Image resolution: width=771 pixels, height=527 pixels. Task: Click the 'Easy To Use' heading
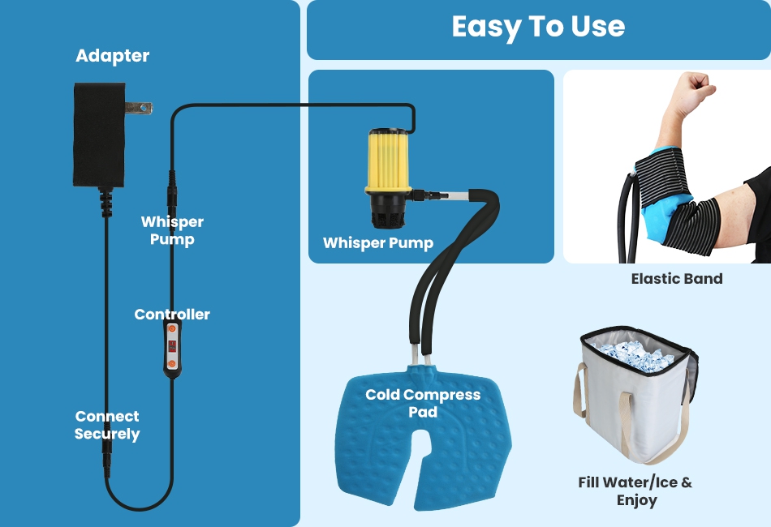(x=538, y=27)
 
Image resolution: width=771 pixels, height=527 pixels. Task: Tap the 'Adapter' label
(x=112, y=56)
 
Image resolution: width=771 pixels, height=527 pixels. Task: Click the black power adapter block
(x=98, y=135)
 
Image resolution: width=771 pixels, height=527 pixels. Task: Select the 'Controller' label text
(x=172, y=315)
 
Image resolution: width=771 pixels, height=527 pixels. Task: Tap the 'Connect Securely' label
(x=107, y=425)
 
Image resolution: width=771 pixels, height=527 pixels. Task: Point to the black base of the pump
(x=388, y=212)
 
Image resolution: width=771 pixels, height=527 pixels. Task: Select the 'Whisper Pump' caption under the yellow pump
(x=378, y=243)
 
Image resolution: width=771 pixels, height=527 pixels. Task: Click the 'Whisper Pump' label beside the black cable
(x=172, y=230)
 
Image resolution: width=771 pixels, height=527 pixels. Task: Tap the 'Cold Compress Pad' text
(x=423, y=403)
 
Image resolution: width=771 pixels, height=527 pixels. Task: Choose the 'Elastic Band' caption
(x=677, y=279)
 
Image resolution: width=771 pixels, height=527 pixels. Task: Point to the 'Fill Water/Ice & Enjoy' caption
(x=635, y=491)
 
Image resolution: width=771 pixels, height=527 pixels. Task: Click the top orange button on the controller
(x=171, y=330)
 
